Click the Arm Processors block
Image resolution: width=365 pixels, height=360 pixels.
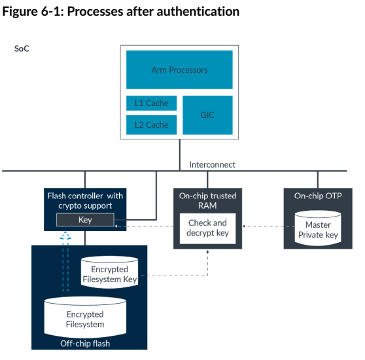coord(179,69)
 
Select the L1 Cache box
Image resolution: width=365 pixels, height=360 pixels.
coord(151,103)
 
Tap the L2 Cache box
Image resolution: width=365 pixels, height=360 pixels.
coord(151,125)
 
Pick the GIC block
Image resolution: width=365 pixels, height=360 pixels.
coord(207,115)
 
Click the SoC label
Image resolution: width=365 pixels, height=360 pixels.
coord(22,48)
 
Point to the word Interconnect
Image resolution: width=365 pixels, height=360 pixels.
coord(213,165)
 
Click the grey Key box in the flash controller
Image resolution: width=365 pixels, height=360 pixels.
coord(85,219)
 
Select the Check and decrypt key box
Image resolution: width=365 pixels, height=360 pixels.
coord(207,228)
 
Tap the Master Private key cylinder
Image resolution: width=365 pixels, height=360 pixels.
coord(318,228)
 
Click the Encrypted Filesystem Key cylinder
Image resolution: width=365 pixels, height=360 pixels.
coord(109,272)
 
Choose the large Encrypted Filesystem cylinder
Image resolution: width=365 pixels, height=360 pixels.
coord(85,317)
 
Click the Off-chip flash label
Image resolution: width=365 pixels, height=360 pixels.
coord(85,344)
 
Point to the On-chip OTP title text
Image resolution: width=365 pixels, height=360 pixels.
coord(318,196)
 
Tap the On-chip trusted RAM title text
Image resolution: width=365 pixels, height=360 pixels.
coord(207,201)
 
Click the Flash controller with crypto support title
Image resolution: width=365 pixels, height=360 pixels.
coord(85,201)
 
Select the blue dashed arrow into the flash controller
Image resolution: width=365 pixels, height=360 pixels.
coord(65,261)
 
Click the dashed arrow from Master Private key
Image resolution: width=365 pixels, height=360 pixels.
coord(268,226)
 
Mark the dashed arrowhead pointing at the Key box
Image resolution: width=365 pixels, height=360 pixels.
coord(116,226)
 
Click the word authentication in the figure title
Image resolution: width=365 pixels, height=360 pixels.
coord(198,11)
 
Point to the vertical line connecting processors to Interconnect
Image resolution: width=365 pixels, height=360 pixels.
coord(180,155)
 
